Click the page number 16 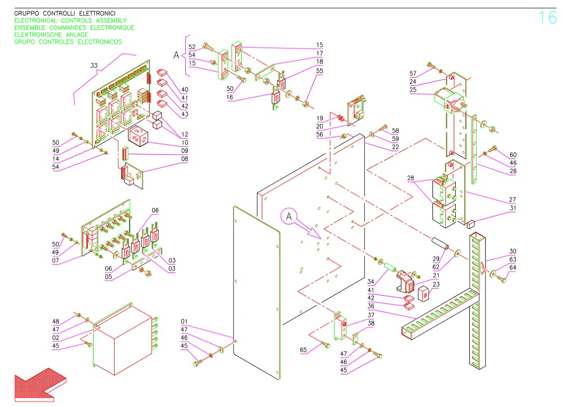coord(547,18)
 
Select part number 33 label coord(94,65)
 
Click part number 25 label coord(413,90)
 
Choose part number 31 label coord(512,208)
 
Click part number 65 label coord(304,350)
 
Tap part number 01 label coord(184,322)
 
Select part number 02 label coord(56,338)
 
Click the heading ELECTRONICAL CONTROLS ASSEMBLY coord(71,21)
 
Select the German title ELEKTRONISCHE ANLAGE coord(51,35)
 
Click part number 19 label coord(319,119)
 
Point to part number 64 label coord(512,267)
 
